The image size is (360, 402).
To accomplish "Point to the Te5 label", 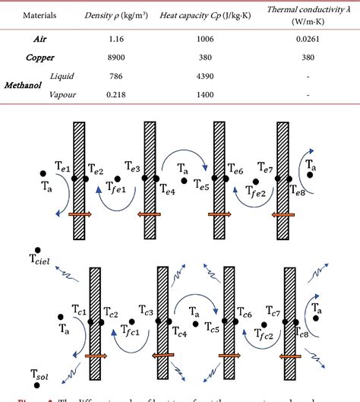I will (x=201, y=185).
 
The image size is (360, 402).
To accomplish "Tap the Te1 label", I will (x=62, y=166).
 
